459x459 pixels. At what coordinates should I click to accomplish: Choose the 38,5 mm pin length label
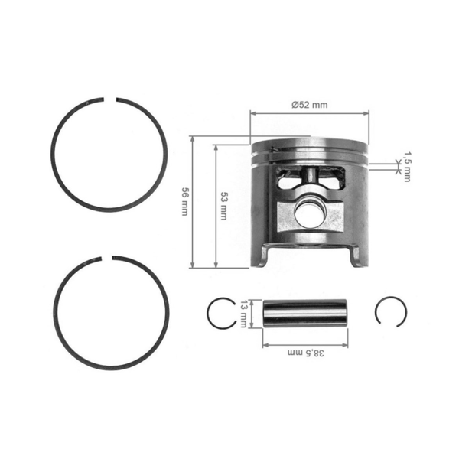(x=308, y=353)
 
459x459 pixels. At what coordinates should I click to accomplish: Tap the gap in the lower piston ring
(x=109, y=258)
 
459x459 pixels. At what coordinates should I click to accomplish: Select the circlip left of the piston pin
(x=223, y=313)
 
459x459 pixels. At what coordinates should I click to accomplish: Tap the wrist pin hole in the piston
(x=310, y=212)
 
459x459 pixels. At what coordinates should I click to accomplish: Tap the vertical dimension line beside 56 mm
(x=193, y=203)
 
